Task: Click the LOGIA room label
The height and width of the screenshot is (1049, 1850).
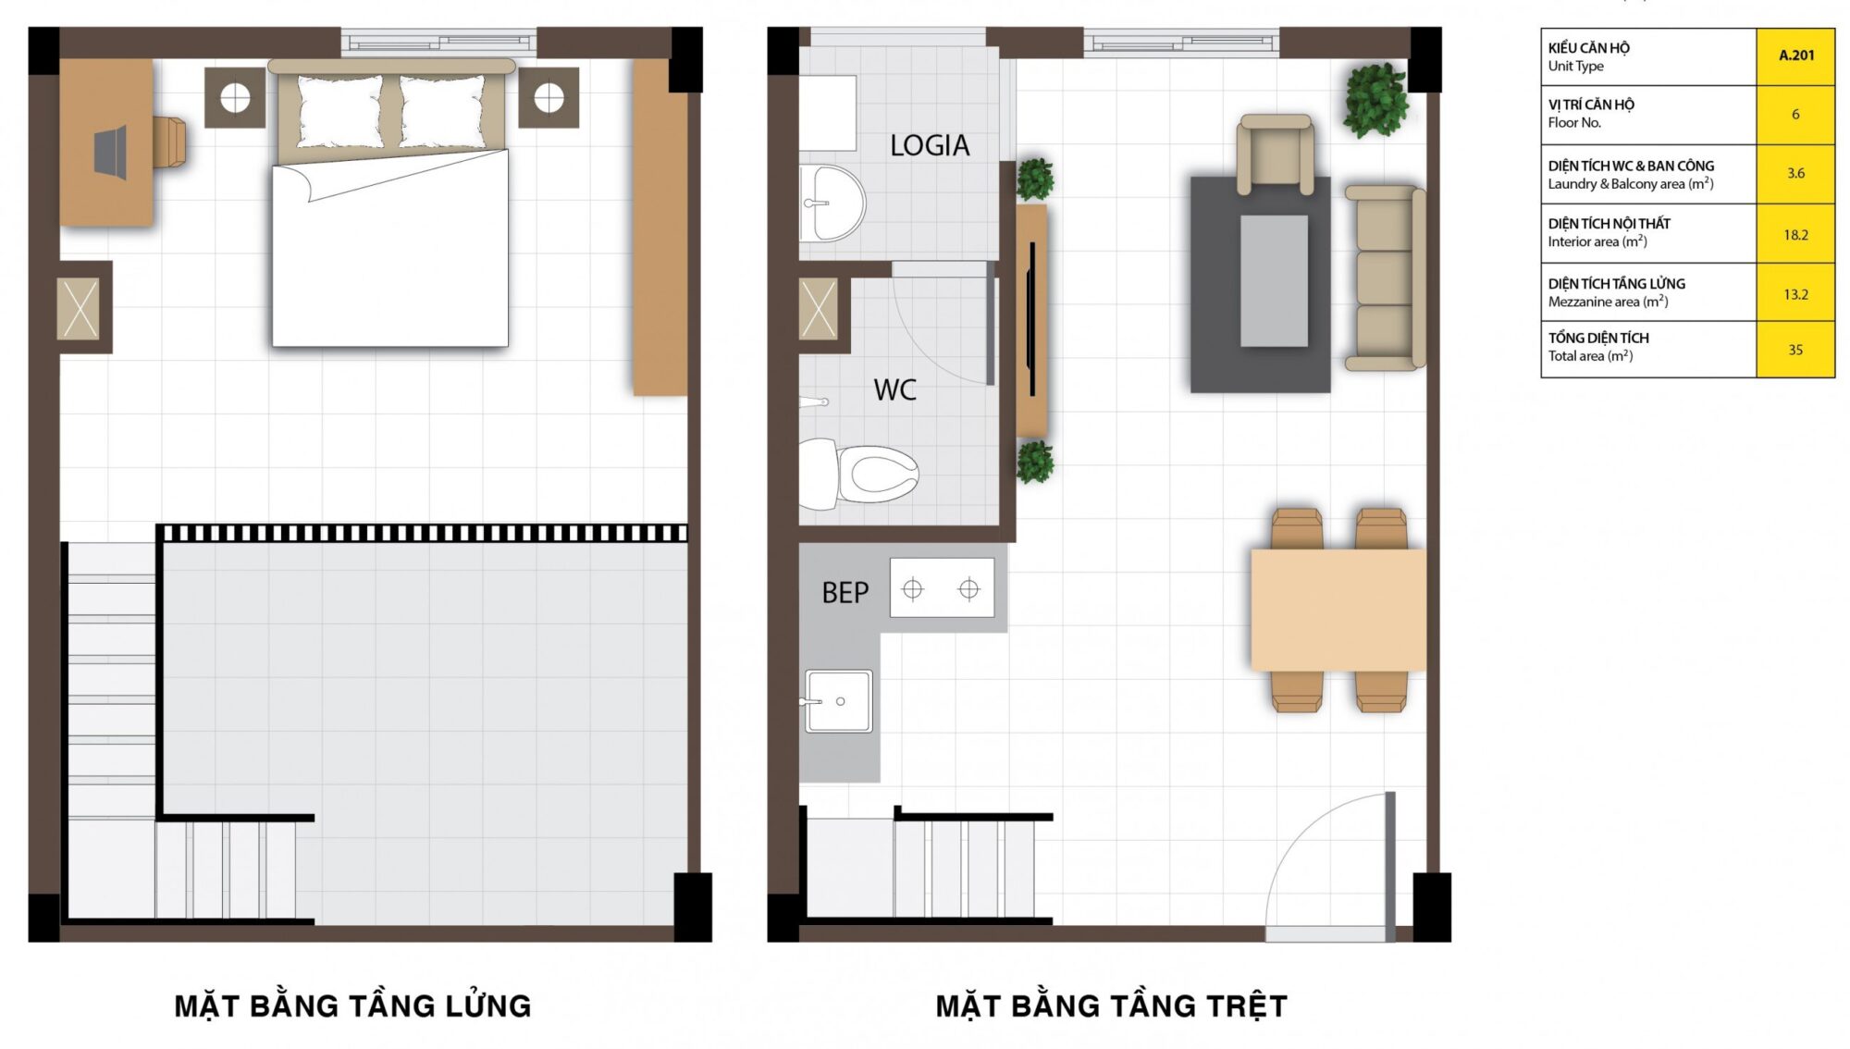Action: [x=930, y=145]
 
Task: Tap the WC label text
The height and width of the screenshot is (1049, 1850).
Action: [x=894, y=389]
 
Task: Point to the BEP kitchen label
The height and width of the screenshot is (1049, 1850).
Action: [x=845, y=592]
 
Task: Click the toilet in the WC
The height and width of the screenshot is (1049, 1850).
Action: [x=858, y=475]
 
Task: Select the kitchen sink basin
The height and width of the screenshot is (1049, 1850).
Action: [x=838, y=701]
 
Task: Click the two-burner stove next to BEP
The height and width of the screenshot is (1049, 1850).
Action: [x=942, y=588]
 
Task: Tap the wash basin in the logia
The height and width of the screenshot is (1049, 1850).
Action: [x=832, y=204]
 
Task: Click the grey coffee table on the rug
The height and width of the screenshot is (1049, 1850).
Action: [x=1274, y=281]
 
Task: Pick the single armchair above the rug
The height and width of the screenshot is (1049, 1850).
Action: [x=1276, y=154]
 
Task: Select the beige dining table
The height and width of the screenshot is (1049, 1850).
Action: [x=1338, y=610]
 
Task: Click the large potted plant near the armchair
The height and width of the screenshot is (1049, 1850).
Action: [x=1376, y=100]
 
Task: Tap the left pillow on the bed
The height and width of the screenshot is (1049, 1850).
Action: [x=339, y=111]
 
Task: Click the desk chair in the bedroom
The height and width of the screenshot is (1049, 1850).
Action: [x=170, y=142]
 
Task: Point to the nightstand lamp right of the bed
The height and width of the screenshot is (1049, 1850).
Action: [x=549, y=97]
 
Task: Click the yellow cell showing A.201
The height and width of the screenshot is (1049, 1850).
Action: [x=1795, y=56]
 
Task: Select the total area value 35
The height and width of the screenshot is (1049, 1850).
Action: [x=1795, y=350]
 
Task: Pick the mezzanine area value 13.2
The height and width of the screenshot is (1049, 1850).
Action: [x=1795, y=294]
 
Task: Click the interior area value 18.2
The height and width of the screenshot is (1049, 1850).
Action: [x=1795, y=235]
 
